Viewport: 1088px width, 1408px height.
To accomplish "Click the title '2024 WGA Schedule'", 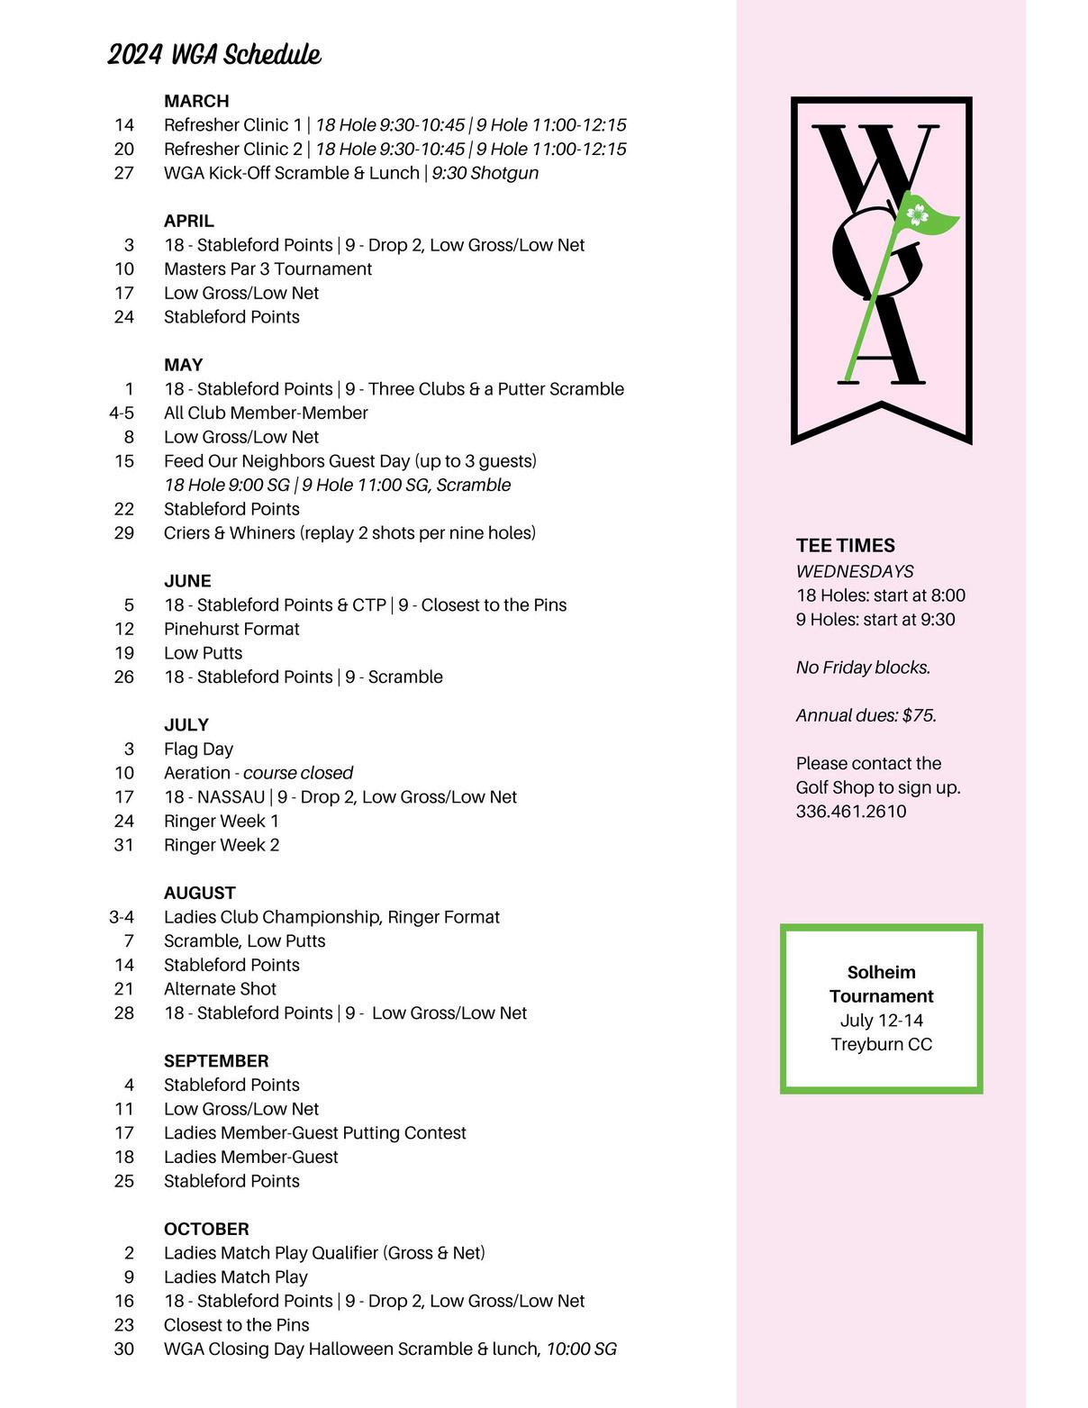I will tap(214, 55).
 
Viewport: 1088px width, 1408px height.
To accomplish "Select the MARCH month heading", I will tap(196, 101).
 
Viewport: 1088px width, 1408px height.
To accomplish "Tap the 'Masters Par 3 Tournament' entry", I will tap(267, 268).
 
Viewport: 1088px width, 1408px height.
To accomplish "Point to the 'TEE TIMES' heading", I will tap(845, 545).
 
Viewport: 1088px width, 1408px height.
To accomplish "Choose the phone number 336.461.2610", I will tap(850, 811).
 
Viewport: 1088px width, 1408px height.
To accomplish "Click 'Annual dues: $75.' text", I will tap(866, 715).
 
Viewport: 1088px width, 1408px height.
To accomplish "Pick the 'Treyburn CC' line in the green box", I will tap(881, 1044).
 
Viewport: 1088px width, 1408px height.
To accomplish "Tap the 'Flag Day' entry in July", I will tap(198, 749).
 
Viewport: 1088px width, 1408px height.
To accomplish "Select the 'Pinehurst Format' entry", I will tap(231, 629).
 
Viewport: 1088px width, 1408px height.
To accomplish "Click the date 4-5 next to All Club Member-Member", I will tap(122, 413).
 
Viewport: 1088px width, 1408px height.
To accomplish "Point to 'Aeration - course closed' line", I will tap(258, 773).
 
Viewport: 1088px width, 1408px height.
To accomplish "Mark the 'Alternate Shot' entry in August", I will tap(220, 988).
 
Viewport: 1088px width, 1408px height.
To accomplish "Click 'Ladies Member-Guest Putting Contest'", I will tap(314, 1132).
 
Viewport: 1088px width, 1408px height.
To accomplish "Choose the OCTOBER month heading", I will tap(206, 1229).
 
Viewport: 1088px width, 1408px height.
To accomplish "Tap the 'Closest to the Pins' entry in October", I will tap(236, 1324).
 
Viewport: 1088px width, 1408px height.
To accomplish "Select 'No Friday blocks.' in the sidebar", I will tap(863, 668).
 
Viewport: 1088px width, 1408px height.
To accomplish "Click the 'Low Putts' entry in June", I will tap(203, 652).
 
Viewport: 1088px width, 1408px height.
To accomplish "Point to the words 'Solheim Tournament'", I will tap(881, 984).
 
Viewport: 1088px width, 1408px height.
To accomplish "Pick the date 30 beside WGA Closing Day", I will tap(124, 1349).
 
